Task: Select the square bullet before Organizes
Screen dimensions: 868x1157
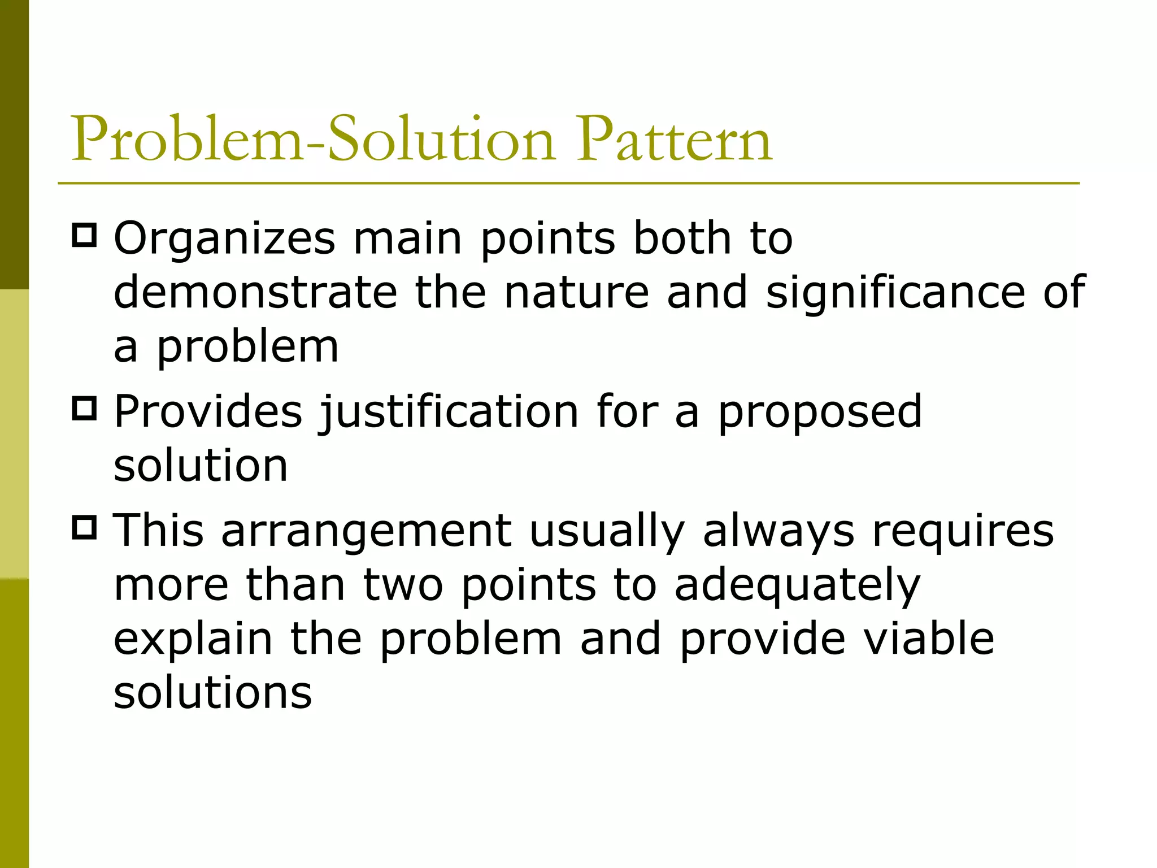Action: coord(85,235)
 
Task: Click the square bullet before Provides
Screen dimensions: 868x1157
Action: coord(85,408)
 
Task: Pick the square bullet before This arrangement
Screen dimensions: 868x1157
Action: coord(85,527)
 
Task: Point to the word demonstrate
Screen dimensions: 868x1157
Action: coord(255,292)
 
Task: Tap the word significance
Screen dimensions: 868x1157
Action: coord(895,292)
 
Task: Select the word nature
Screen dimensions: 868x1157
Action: coord(576,292)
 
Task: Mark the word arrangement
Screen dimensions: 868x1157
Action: coord(366,532)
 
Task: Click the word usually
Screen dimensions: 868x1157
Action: coord(607,532)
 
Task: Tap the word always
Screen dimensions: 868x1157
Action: coord(778,532)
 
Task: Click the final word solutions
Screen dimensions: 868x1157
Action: coord(212,693)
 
